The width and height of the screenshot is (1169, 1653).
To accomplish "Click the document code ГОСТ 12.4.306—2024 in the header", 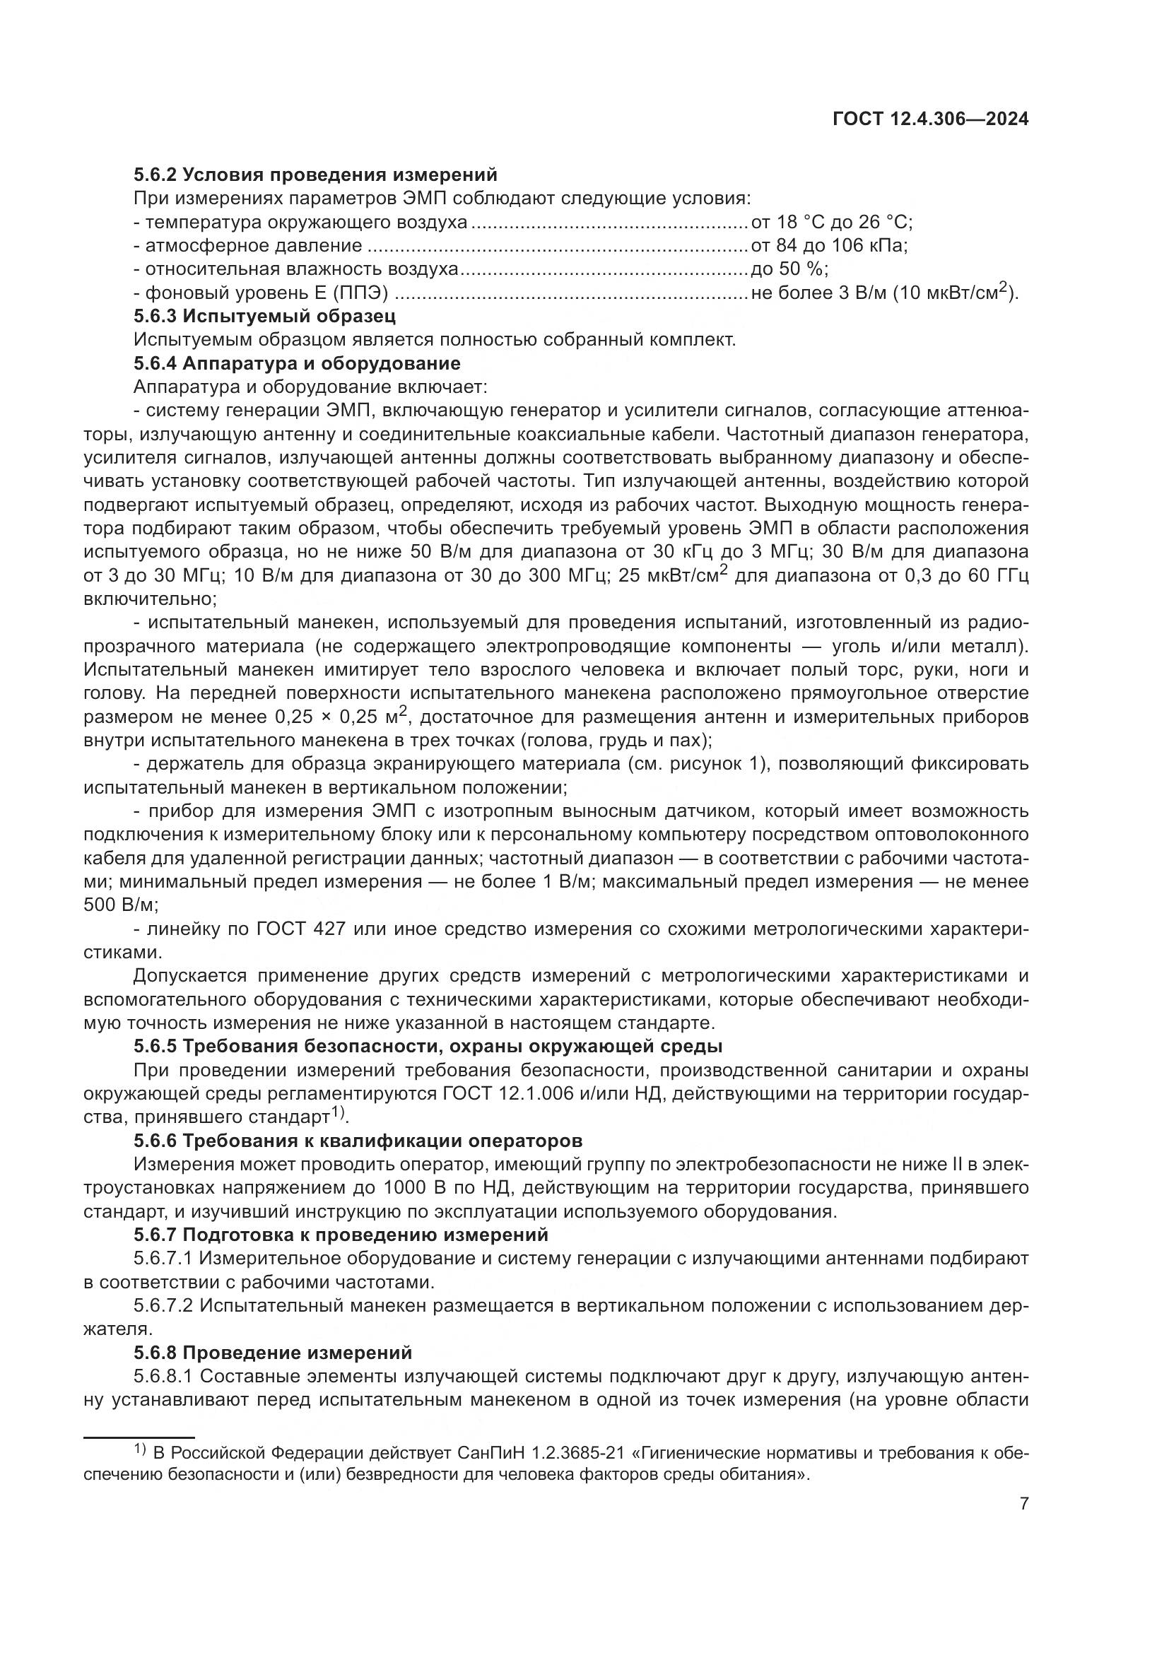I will click(x=930, y=119).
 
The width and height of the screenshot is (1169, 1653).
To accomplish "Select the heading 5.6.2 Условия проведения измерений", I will click(x=315, y=175).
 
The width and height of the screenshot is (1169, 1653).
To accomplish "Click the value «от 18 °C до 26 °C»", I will click(x=831, y=222).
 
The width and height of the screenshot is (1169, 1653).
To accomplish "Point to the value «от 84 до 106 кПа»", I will click(x=828, y=245).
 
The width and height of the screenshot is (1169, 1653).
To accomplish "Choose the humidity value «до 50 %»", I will click(x=789, y=269).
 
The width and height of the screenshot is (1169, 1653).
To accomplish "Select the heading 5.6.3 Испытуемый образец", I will click(x=264, y=316).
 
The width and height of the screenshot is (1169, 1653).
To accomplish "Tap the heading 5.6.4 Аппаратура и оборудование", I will click(x=297, y=363).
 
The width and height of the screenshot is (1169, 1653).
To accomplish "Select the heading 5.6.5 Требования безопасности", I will click(x=428, y=1046).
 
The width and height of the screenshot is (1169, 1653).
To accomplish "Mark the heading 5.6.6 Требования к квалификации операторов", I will click(x=358, y=1141).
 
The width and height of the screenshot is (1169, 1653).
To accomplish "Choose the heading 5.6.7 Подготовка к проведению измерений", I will click(x=341, y=1235).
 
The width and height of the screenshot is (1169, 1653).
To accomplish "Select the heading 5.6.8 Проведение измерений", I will click(x=273, y=1353).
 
